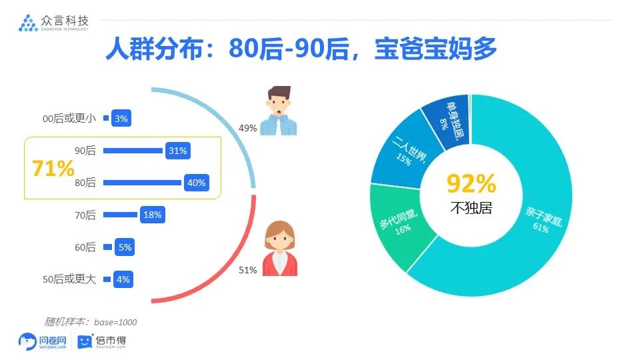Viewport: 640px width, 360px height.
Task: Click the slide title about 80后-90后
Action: [x=301, y=49]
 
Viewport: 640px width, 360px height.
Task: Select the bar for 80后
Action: [x=142, y=183]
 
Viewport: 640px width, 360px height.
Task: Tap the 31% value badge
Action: [x=178, y=151]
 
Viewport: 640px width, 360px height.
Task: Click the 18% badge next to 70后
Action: [x=152, y=215]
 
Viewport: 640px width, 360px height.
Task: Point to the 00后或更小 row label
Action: [x=69, y=119]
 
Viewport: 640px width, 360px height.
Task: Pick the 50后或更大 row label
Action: [x=69, y=279]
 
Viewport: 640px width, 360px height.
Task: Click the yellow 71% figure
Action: [x=53, y=168]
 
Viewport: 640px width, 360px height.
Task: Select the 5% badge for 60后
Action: [x=125, y=247]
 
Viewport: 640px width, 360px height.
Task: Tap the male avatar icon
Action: [x=279, y=111]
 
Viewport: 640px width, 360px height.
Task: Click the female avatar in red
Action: [x=279, y=249]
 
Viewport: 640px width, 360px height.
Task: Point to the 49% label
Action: [x=247, y=128]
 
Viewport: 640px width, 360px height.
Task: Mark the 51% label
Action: [x=247, y=270]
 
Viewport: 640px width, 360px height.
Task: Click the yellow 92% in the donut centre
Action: [x=471, y=183]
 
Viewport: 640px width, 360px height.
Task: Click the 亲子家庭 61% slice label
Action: [x=543, y=220]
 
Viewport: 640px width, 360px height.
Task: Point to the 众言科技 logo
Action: [x=53, y=23]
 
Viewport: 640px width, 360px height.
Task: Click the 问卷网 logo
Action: [x=43, y=341]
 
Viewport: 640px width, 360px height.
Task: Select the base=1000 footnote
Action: [x=91, y=322]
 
